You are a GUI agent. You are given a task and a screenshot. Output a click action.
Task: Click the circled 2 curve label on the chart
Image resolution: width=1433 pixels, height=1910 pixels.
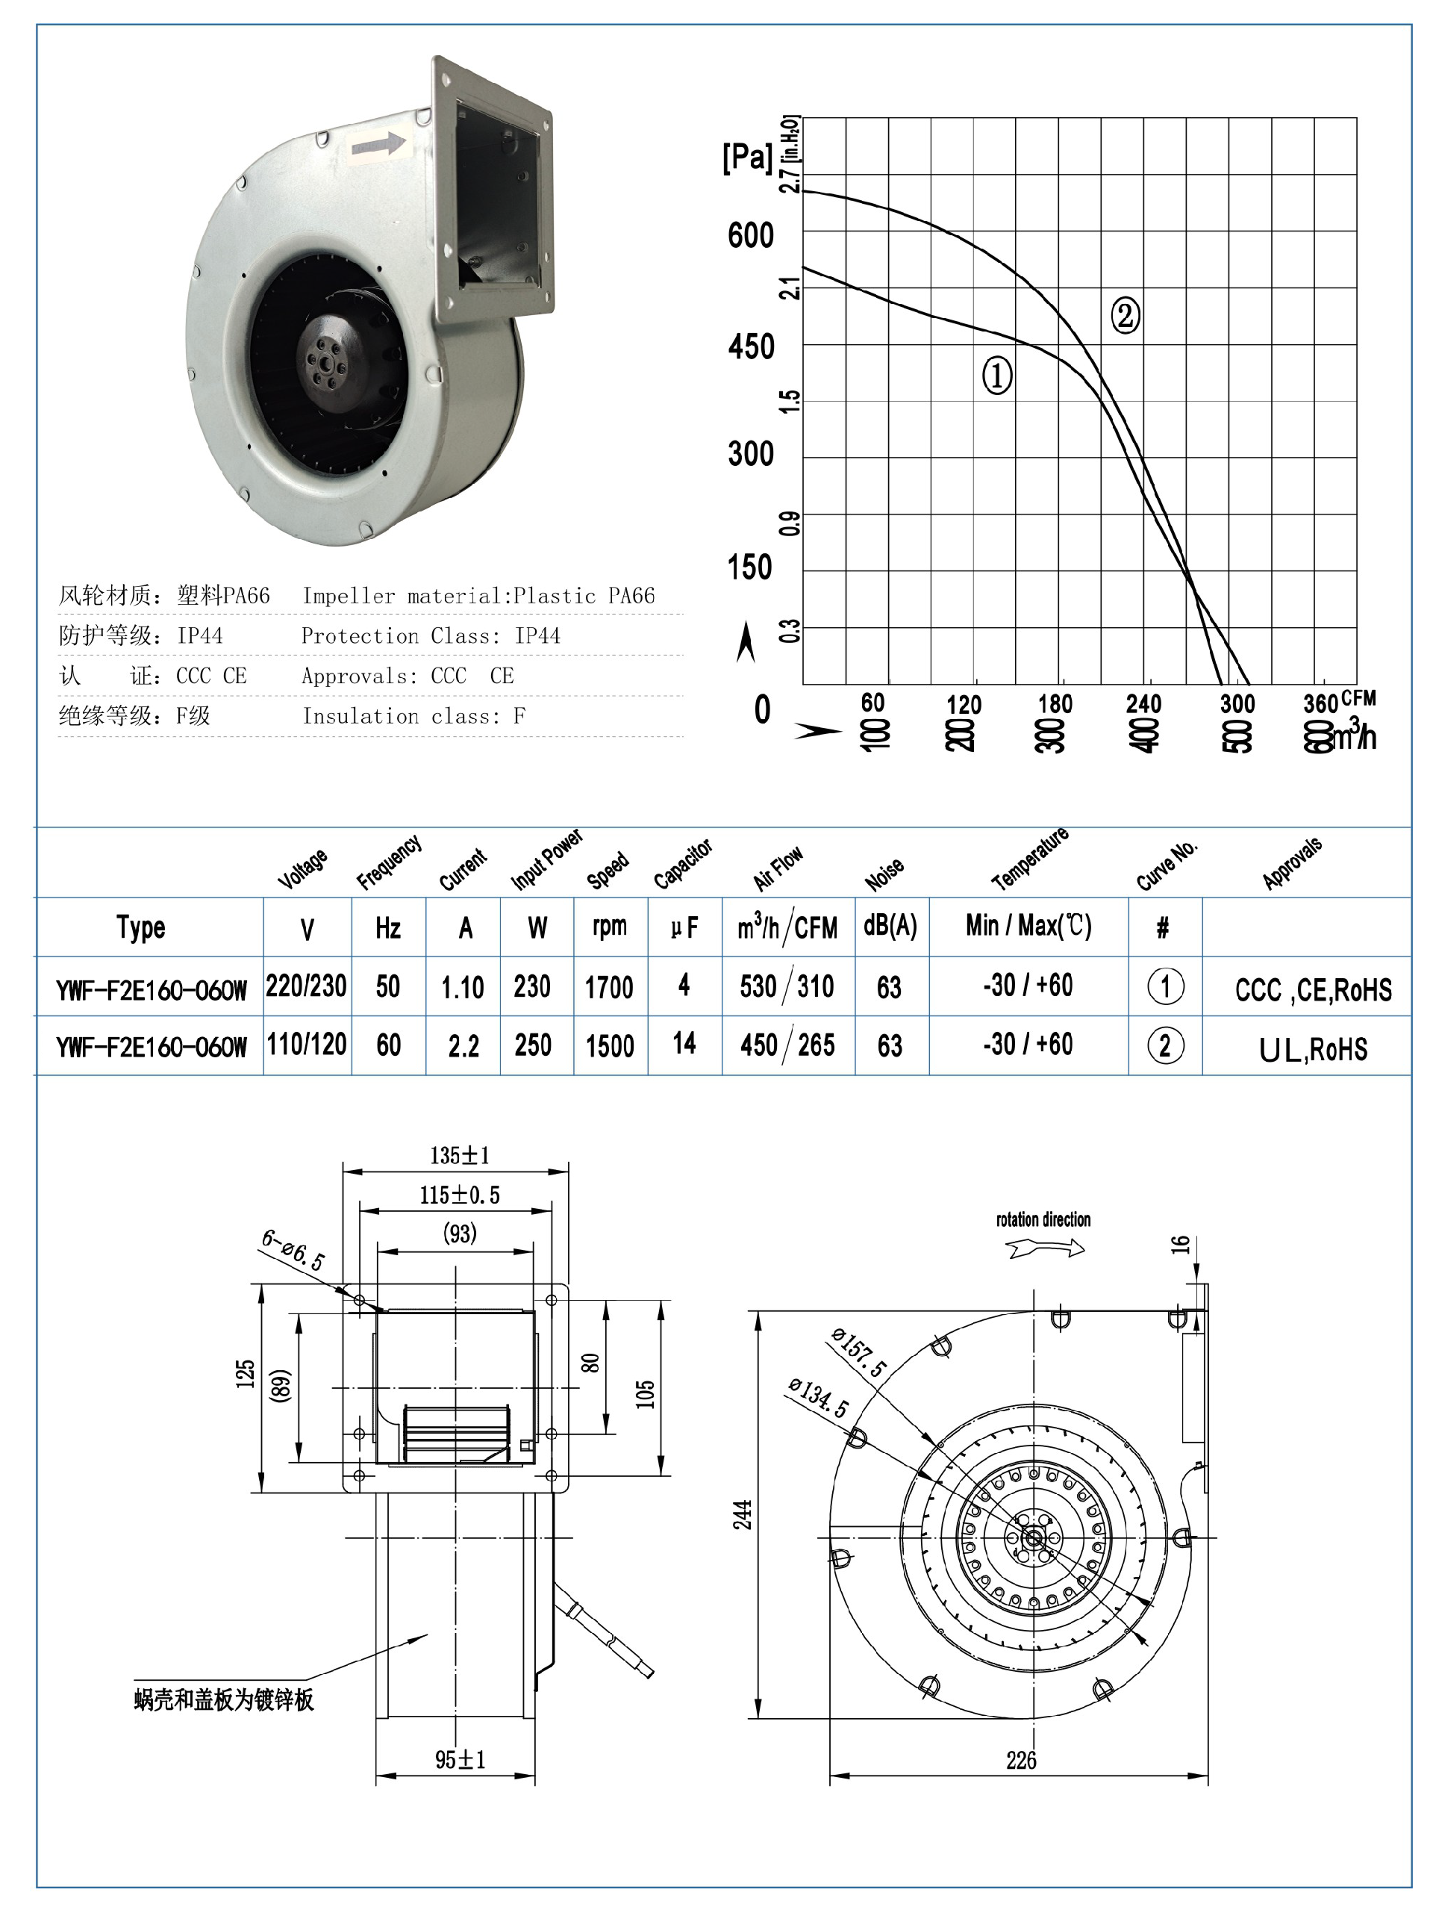[x=1124, y=315]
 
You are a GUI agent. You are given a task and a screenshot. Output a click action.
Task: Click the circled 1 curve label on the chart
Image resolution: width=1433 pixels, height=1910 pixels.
[x=997, y=376]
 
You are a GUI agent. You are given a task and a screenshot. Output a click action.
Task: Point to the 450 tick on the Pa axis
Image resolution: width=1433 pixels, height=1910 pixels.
[x=751, y=347]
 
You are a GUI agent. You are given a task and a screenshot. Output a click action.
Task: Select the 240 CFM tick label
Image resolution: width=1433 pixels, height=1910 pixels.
[x=1143, y=703]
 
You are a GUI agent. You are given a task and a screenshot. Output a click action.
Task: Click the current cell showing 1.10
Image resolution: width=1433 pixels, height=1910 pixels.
[x=463, y=987]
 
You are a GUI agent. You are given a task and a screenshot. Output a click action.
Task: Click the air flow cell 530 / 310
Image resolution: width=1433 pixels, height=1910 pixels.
[x=787, y=986]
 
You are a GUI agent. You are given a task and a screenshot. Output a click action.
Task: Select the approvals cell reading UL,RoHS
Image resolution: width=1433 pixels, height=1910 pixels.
[x=1312, y=1049]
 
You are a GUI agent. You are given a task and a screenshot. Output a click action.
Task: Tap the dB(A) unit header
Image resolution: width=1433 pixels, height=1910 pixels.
[x=890, y=926]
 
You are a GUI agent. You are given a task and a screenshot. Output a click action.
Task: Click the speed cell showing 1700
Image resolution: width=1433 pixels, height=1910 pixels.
[x=610, y=987]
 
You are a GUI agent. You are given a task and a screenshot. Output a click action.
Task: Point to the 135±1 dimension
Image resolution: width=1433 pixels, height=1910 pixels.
[x=459, y=1154]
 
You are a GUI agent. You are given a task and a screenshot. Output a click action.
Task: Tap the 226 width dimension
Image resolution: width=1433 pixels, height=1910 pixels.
[x=1020, y=1760]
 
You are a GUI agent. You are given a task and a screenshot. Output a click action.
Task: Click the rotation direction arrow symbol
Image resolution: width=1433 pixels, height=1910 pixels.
[x=1046, y=1248]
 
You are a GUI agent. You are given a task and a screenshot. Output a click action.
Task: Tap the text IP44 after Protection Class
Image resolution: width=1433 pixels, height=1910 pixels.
[x=537, y=636]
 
